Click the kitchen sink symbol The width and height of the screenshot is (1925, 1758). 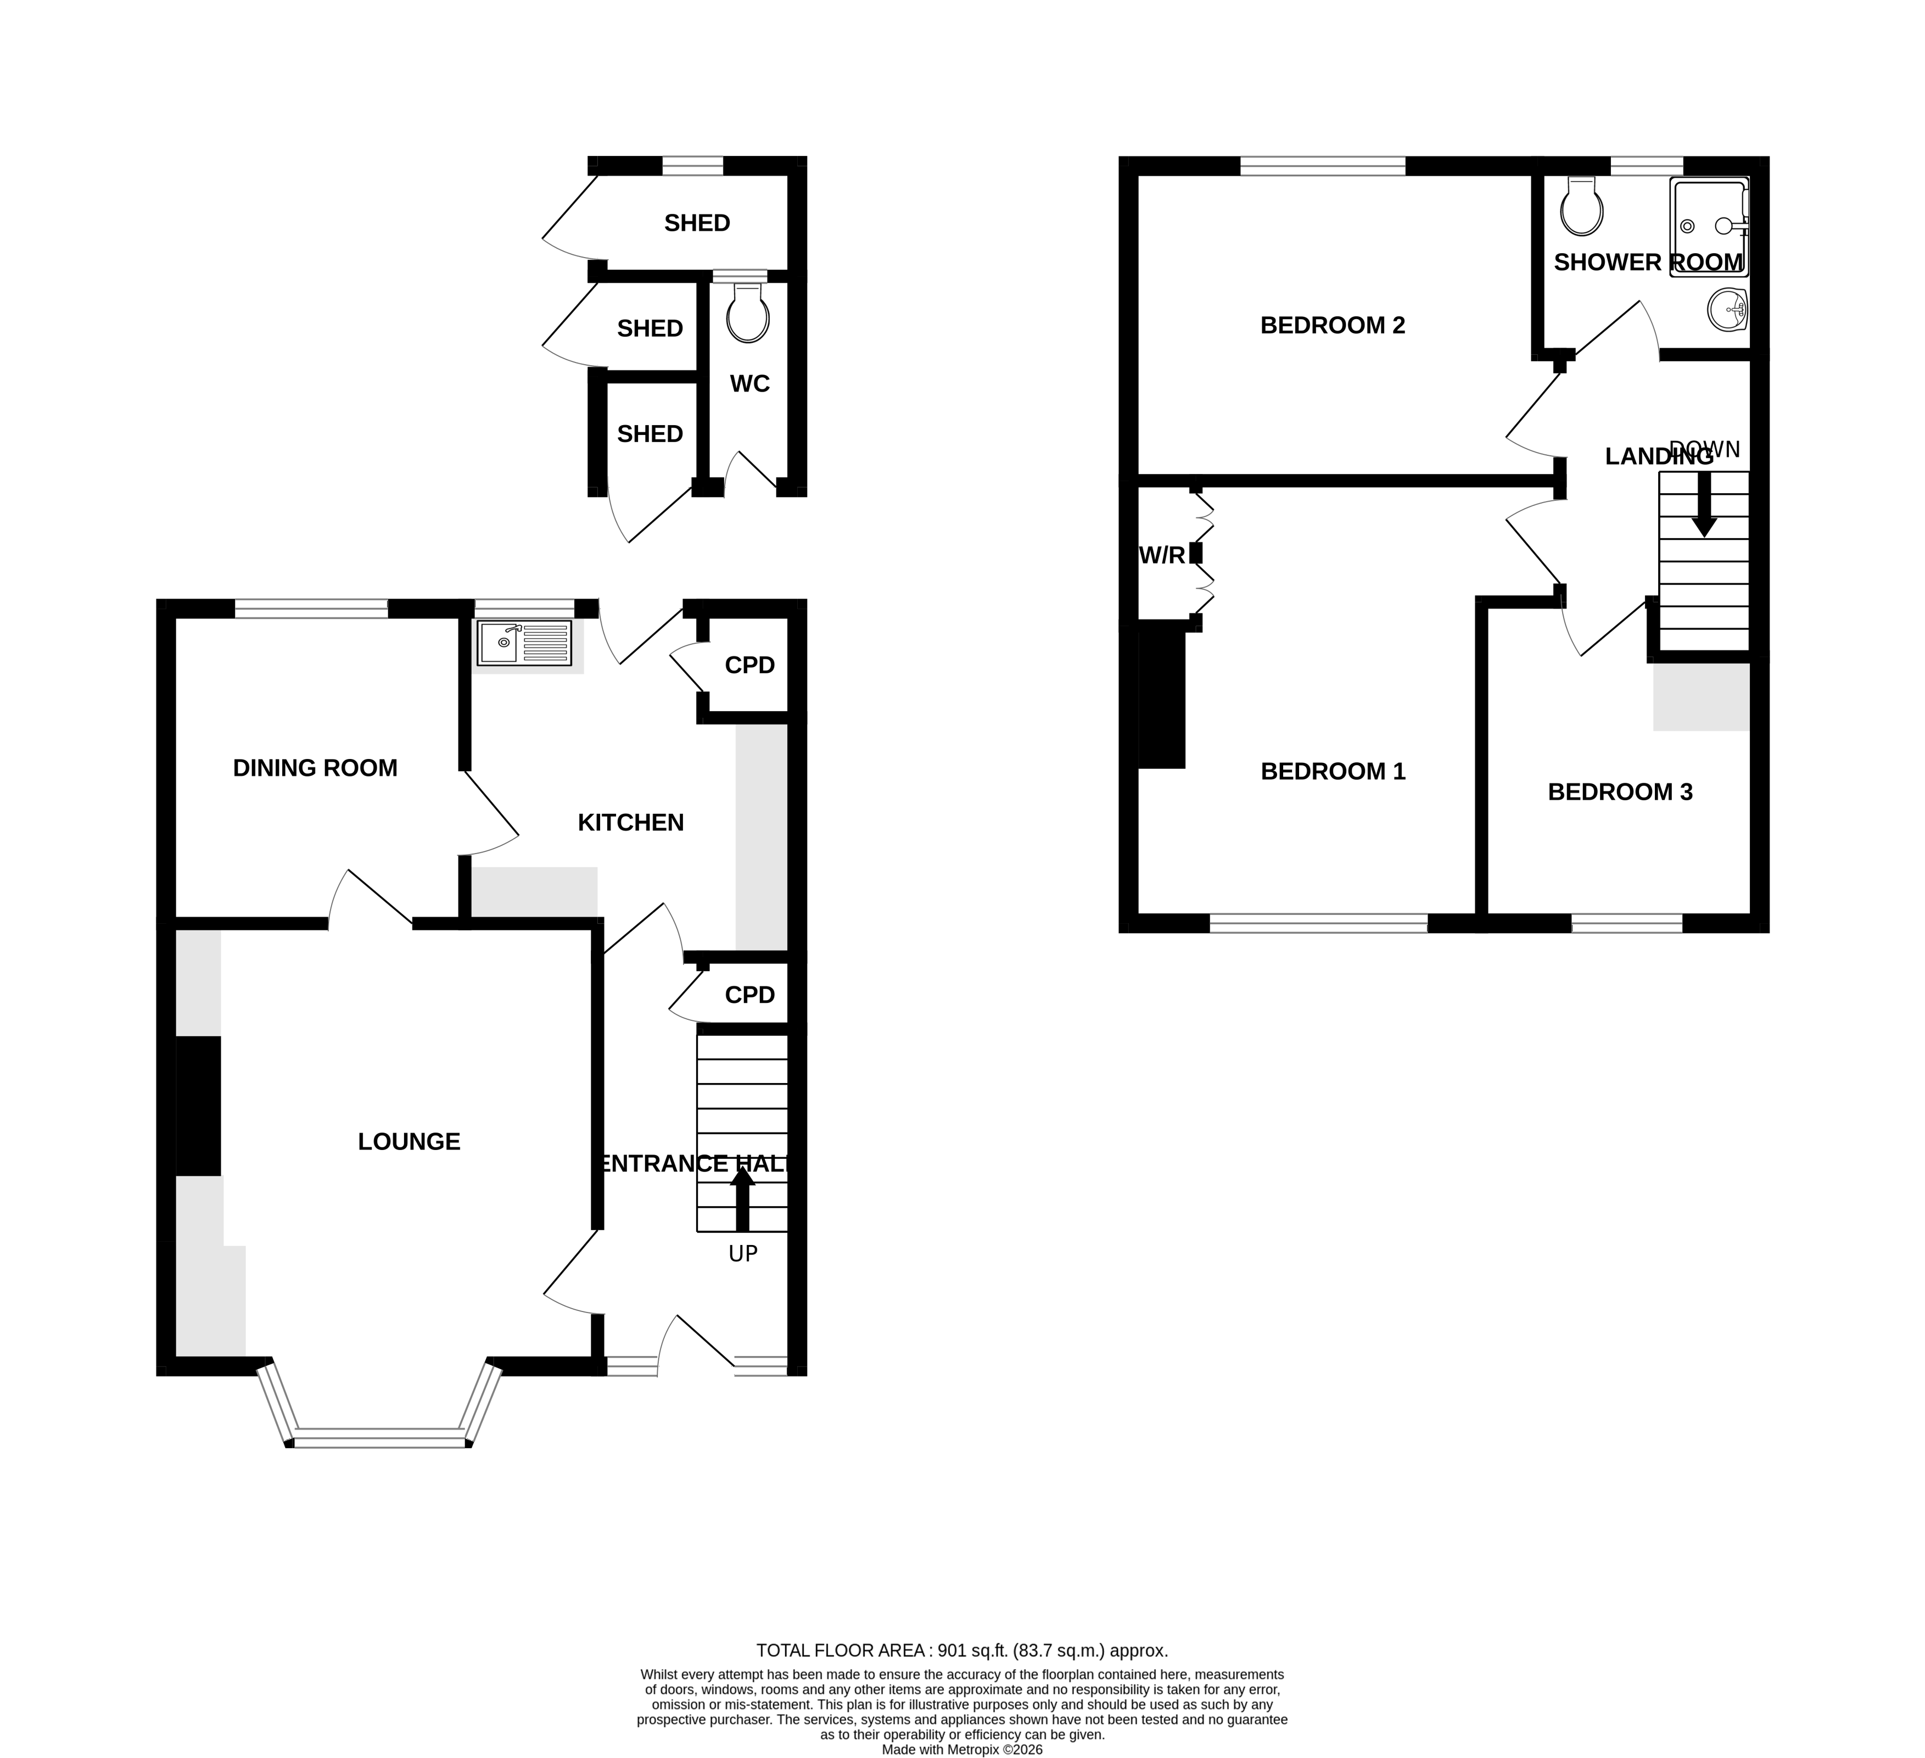click(524, 643)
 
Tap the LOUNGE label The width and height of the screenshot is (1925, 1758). click(408, 1141)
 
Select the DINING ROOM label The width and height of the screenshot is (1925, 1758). click(315, 768)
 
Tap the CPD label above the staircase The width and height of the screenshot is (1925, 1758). click(749, 995)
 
